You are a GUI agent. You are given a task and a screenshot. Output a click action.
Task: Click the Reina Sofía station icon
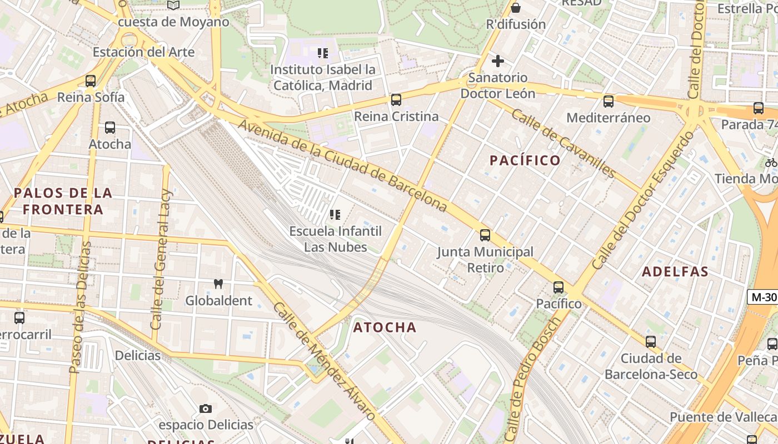(91, 81)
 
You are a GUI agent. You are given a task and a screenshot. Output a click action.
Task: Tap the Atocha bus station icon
(110, 128)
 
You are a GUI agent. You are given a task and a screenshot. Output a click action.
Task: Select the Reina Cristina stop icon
(396, 100)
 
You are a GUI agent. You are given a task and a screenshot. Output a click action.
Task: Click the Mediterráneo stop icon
(609, 102)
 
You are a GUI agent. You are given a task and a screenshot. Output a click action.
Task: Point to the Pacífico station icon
(558, 287)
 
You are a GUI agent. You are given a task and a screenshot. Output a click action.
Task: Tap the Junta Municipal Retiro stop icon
(485, 235)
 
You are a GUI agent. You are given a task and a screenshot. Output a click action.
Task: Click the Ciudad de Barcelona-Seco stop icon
(651, 342)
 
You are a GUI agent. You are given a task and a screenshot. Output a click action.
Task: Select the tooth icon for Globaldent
(218, 284)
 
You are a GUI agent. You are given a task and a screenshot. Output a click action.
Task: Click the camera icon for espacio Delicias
(206, 409)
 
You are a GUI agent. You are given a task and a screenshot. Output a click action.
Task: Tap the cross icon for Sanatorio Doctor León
(498, 61)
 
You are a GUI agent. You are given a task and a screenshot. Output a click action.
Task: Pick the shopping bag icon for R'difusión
(516, 8)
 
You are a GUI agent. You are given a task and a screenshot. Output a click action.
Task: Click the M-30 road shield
(762, 297)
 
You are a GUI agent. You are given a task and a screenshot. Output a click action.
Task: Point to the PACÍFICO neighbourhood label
(525, 160)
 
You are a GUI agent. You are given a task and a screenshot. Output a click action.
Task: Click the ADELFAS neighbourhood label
(675, 272)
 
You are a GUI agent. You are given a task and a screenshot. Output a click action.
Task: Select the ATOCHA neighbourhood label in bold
(385, 327)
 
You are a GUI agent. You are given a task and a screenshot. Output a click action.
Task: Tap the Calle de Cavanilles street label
(563, 143)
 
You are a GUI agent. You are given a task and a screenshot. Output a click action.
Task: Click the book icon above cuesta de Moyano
(173, 5)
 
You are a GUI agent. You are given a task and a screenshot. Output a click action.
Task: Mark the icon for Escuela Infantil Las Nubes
(335, 215)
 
